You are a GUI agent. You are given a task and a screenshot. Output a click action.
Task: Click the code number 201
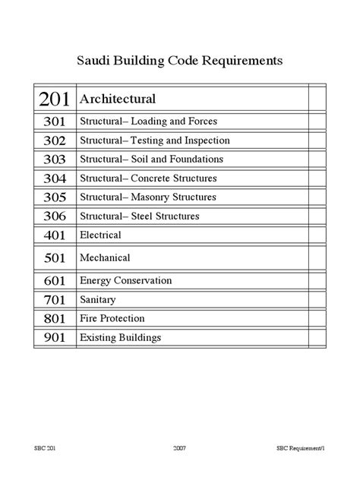tap(55, 99)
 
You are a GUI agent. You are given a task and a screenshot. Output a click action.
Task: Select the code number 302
tap(55, 141)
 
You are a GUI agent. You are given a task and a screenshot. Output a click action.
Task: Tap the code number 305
tap(55, 197)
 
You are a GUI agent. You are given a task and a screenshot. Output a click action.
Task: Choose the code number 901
tap(55, 337)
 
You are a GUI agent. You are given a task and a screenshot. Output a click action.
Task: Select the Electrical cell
tap(100, 235)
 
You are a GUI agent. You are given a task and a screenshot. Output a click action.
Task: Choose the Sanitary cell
tap(98, 300)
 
